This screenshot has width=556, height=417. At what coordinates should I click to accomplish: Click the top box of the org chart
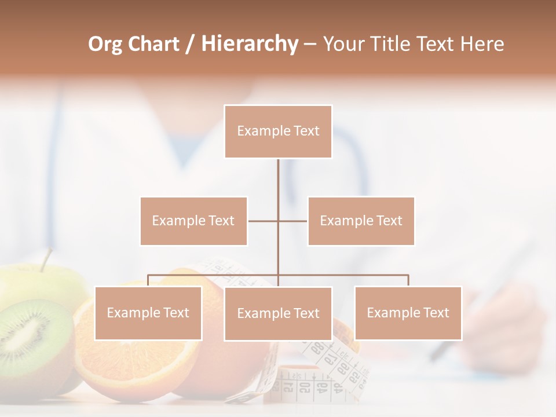(x=278, y=131)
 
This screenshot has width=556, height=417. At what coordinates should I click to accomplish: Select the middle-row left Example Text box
(x=193, y=221)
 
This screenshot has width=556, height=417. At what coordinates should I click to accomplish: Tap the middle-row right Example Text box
(x=361, y=221)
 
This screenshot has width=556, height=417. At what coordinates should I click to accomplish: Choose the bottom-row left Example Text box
(x=148, y=313)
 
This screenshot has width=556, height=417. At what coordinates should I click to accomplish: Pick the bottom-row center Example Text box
(x=278, y=313)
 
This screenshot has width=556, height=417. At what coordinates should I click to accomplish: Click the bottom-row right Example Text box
(x=408, y=313)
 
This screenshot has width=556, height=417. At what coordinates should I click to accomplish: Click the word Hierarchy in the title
(x=250, y=44)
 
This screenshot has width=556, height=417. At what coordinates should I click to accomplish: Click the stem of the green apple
(x=45, y=259)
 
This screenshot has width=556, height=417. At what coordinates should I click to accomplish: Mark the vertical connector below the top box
(x=278, y=185)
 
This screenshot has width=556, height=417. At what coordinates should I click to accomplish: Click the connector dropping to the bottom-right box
(x=408, y=280)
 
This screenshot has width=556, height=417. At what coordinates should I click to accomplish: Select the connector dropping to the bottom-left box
(x=148, y=280)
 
